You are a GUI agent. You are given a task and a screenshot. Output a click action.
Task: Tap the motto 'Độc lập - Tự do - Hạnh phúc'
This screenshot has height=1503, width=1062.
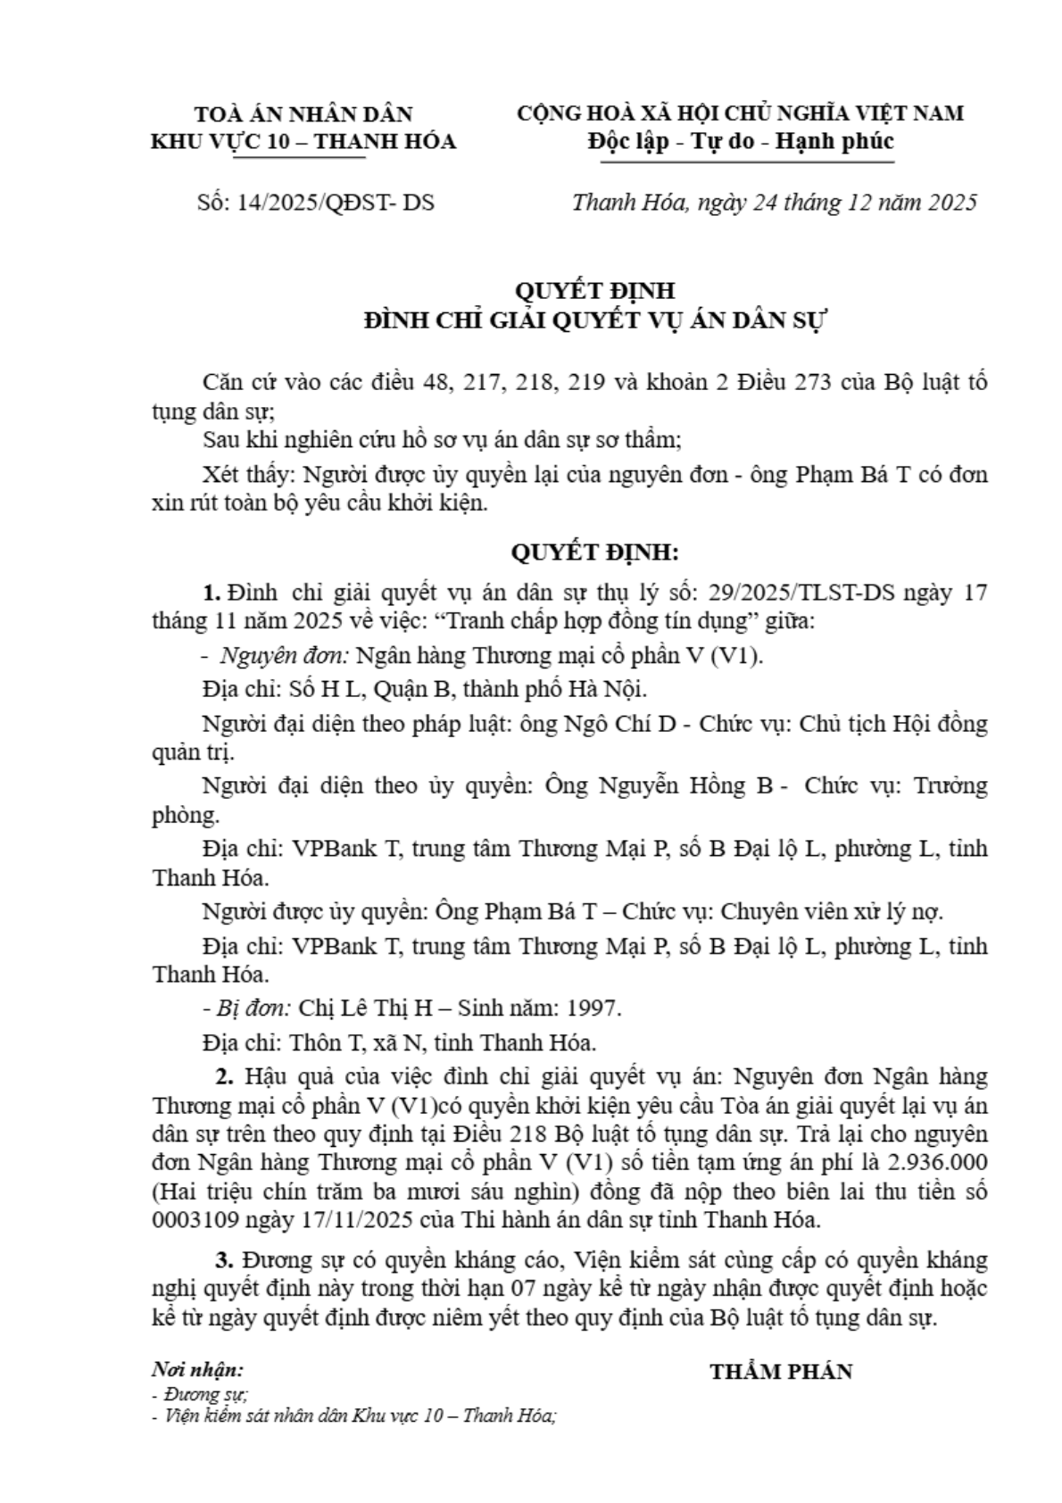pos(741,141)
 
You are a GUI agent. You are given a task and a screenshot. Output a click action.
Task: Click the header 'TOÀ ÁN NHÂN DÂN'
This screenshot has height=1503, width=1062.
pos(303,113)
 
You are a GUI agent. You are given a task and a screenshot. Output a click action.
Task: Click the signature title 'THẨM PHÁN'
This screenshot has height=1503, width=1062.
pos(781,1372)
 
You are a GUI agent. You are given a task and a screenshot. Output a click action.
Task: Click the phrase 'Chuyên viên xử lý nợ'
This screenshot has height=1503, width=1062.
pos(831,911)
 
